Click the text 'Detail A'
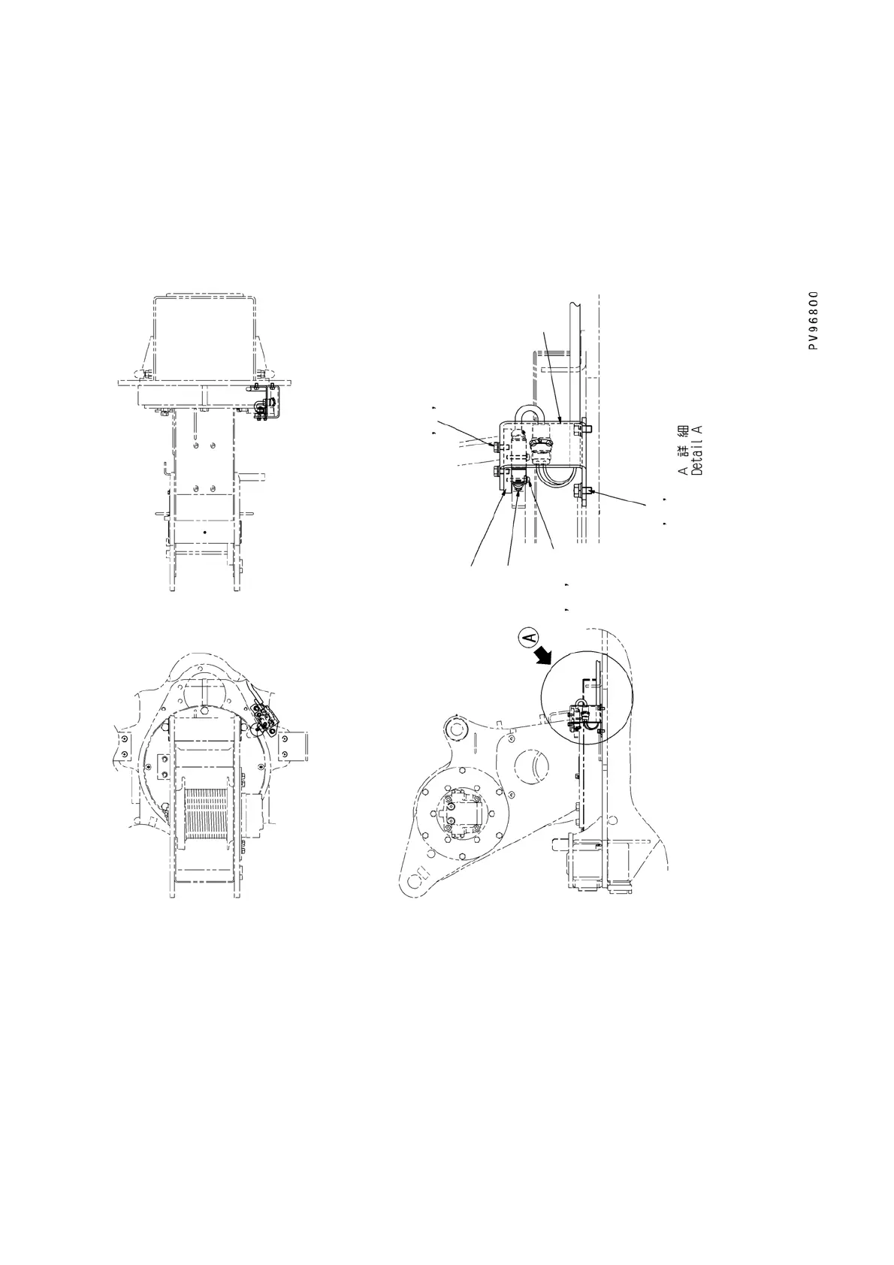pyautogui.click(x=698, y=449)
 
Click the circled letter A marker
pyautogui.click(x=529, y=639)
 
